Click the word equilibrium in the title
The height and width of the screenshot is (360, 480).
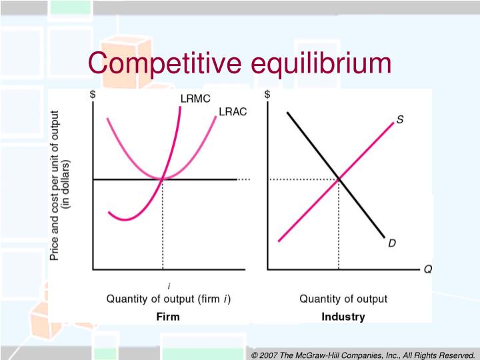coord(321,64)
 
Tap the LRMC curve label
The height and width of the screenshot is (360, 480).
coord(195,99)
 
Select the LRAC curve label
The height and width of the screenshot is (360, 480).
coord(233,111)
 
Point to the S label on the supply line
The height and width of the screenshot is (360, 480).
coord(399,120)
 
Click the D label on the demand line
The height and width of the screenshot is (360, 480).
coord(392,244)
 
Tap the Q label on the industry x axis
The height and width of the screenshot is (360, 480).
coord(428,269)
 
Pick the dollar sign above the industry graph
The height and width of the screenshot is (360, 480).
coord(267,95)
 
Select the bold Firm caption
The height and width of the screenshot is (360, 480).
coord(167,317)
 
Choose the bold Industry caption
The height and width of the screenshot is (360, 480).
coord(343,317)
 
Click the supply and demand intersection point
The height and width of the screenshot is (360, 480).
coord(339,179)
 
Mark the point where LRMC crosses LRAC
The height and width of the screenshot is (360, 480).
coord(163,179)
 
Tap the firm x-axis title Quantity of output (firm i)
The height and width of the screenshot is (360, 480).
coord(169,299)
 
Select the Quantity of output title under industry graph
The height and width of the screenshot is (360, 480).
coord(343,299)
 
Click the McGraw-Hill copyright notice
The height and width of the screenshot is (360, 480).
coord(363,354)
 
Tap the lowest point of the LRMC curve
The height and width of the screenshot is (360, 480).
coord(120,218)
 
